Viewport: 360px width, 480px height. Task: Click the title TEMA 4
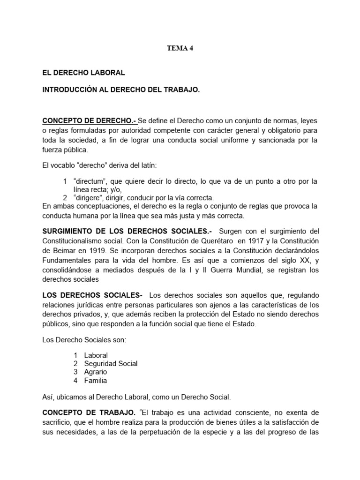(180, 48)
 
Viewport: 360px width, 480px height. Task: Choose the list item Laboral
(96, 355)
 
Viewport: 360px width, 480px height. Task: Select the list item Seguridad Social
(111, 364)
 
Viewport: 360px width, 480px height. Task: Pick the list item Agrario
(96, 372)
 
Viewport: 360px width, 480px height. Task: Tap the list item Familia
(96, 381)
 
